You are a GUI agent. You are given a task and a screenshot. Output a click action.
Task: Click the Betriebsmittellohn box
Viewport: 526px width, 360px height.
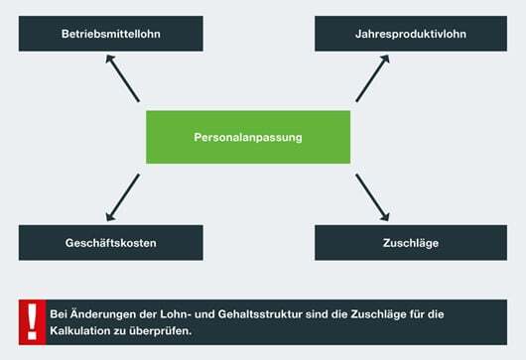pos(110,34)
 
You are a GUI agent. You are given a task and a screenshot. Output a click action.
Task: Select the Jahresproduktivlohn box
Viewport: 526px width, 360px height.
pos(410,34)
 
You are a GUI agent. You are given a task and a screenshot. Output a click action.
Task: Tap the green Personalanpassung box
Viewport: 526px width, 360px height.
pos(248,136)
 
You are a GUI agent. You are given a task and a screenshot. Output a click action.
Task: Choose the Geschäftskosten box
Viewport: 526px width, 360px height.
pos(110,243)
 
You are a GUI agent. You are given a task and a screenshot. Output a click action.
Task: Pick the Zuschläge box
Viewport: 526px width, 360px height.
pos(410,243)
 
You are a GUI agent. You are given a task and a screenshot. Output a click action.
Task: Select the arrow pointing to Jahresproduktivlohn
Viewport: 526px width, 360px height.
pos(373,78)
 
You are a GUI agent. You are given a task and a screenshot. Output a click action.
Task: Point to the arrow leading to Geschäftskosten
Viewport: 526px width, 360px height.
pos(122,195)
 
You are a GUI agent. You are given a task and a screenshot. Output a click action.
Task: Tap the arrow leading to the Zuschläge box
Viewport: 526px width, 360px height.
pos(373,195)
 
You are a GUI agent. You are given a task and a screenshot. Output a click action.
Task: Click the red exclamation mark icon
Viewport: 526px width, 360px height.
pos(32,321)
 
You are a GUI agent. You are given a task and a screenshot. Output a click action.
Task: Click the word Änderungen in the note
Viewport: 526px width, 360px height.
pos(101,313)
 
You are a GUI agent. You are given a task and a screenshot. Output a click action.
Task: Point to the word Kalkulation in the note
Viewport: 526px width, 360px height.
pos(84,329)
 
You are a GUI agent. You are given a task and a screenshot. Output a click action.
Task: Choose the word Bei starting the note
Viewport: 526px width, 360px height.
pos(60,313)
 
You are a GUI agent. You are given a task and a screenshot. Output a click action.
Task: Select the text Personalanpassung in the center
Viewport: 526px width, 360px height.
pos(248,137)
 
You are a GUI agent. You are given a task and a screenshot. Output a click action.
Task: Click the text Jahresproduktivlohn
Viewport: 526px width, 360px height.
pos(410,35)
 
